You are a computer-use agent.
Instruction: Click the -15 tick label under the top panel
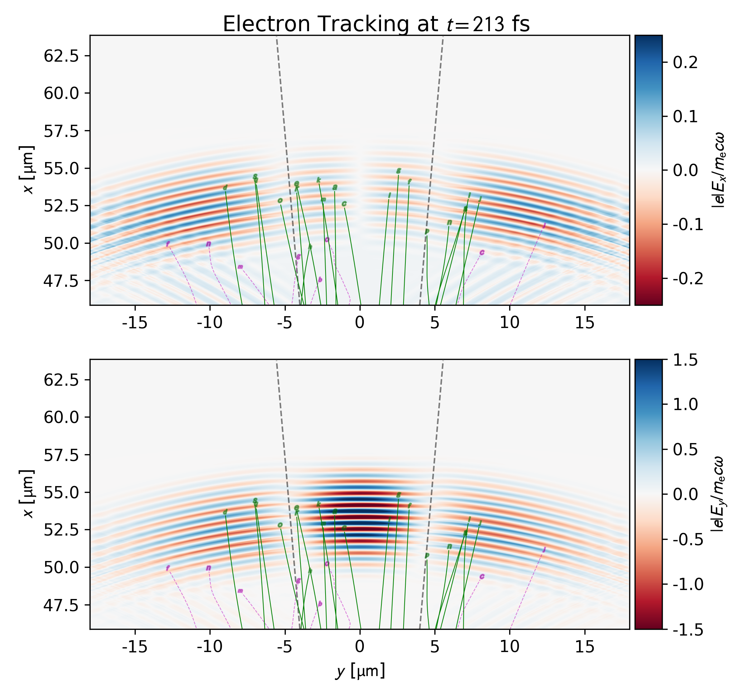(x=135, y=323)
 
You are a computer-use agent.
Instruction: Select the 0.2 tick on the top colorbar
(x=685, y=62)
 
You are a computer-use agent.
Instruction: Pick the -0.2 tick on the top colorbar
(x=688, y=278)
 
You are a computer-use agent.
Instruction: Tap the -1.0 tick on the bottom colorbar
(x=688, y=584)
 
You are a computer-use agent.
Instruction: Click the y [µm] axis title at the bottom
(x=360, y=671)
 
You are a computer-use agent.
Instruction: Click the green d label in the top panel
(x=225, y=187)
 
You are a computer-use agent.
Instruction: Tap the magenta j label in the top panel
(x=544, y=225)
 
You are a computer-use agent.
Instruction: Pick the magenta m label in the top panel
(x=240, y=267)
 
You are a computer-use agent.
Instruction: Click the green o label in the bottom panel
(x=280, y=525)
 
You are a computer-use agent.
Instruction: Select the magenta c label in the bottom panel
(x=482, y=576)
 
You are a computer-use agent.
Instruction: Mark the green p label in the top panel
(x=426, y=231)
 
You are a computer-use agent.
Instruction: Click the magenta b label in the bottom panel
(x=320, y=604)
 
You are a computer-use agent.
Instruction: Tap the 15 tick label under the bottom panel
(x=585, y=646)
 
